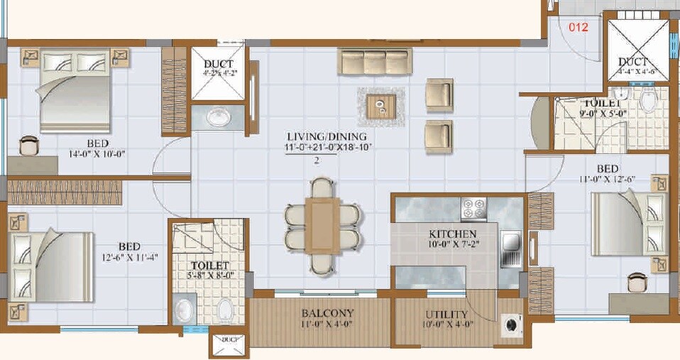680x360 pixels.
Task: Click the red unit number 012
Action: click(x=579, y=28)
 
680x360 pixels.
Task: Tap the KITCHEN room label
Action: click(x=452, y=234)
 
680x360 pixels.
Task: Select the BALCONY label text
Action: click(x=327, y=313)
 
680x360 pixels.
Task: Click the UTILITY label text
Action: click(x=446, y=315)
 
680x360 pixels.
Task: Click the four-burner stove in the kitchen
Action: click(x=473, y=209)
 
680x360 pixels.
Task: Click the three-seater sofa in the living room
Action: click(x=375, y=61)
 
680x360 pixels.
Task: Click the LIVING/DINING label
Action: click(x=327, y=136)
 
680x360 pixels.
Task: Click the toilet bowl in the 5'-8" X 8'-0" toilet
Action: click(x=226, y=310)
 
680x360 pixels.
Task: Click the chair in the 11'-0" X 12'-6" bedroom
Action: click(x=637, y=283)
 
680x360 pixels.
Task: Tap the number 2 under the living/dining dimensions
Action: click(x=317, y=160)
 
